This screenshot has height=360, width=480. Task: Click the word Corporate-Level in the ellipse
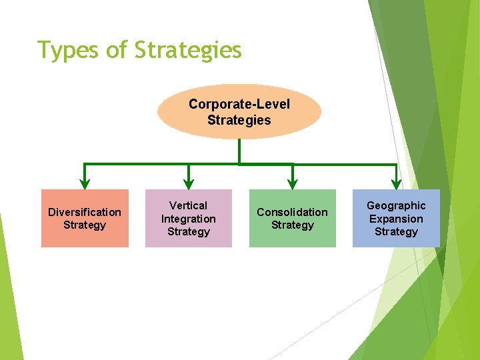tap(239, 105)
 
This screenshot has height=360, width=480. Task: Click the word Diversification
tap(85, 212)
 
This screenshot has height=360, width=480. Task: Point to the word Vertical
tap(189, 205)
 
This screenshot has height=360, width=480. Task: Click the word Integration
tap(189, 219)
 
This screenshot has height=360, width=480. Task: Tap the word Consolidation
tap(292, 212)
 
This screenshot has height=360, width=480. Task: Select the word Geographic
tap(396, 205)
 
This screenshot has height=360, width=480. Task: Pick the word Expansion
tap(396, 219)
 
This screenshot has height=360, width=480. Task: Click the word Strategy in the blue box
tap(396, 232)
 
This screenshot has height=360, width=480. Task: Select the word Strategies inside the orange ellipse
tap(239, 121)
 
